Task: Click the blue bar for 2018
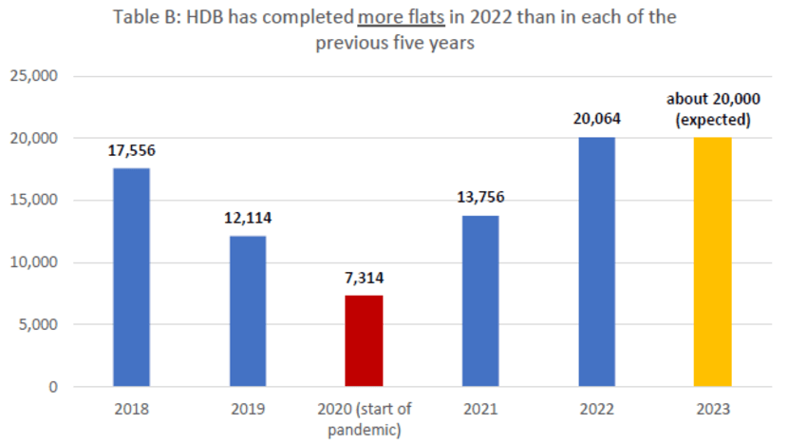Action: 131,277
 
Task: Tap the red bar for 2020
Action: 364,340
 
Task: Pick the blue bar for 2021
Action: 480,300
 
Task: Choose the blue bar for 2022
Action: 597,261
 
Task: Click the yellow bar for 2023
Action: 714,261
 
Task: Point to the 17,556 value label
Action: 131,150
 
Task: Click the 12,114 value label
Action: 247,218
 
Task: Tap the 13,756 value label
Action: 480,198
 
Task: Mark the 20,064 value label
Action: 597,120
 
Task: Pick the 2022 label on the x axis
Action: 597,411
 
